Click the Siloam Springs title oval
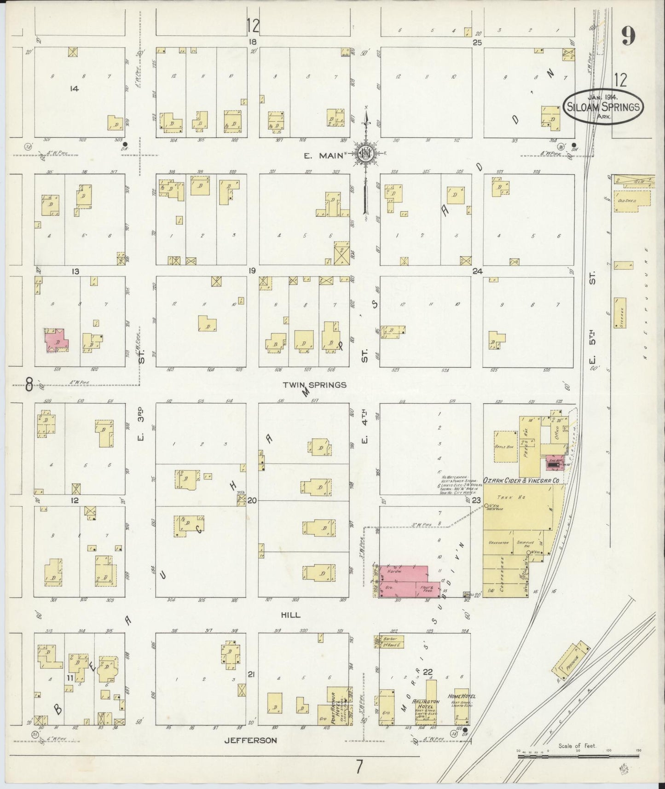603,106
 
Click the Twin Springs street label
314,385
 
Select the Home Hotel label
461,696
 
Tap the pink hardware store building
400,581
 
